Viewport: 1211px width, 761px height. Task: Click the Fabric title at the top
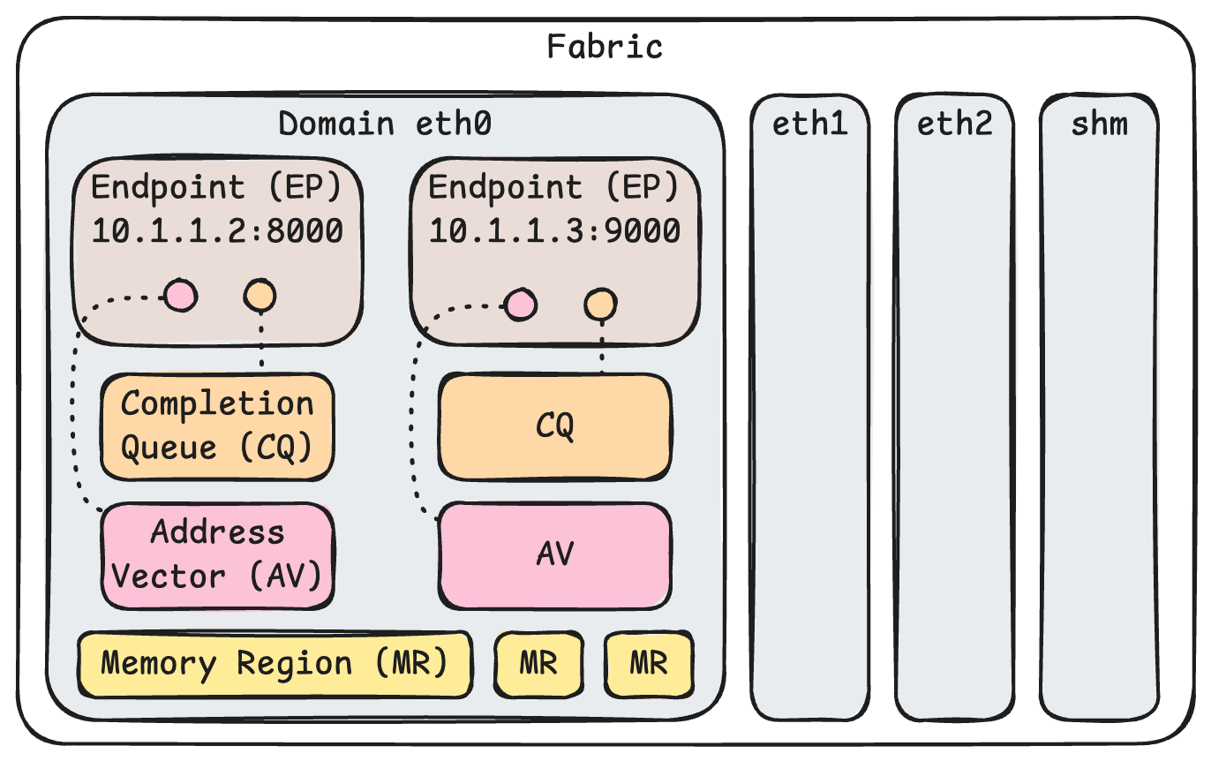click(x=605, y=46)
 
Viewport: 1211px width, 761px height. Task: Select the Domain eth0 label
click(x=384, y=124)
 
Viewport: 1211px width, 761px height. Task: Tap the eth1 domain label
click(x=809, y=124)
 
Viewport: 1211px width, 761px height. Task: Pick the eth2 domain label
click(x=954, y=124)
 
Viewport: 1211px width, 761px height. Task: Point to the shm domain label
click(x=1099, y=124)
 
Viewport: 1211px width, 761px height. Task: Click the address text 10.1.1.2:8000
click(x=217, y=231)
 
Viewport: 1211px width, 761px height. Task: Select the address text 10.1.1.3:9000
click(x=554, y=231)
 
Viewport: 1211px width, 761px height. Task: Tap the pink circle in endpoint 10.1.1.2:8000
click(x=181, y=296)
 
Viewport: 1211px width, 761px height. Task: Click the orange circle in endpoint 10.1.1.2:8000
click(x=260, y=296)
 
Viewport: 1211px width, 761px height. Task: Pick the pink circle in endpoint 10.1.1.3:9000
click(x=519, y=305)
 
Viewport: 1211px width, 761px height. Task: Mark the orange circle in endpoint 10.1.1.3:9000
click(x=600, y=305)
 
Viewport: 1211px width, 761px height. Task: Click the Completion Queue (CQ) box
click(x=217, y=426)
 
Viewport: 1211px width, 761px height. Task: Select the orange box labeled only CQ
click(x=555, y=426)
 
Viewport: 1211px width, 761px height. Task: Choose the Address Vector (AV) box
click(x=217, y=555)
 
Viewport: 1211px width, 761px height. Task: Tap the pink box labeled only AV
click(x=555, y=554)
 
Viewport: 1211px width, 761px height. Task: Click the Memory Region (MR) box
click(x=274, y=664)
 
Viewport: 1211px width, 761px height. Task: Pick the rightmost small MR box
click(x=649, y=664)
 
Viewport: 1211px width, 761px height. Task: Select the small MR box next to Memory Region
click(x=538, y=664)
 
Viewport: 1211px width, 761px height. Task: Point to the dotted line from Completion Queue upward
click(x=261, y=344)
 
